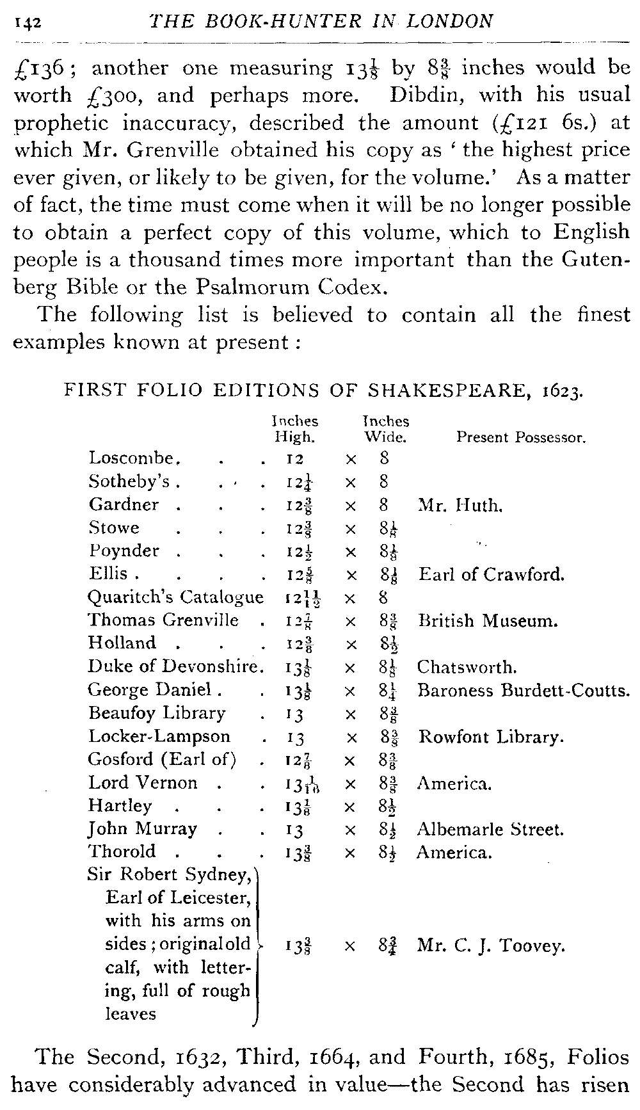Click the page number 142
click(27, 22)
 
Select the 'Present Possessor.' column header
click(521, 438)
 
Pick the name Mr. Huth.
click(460, 506)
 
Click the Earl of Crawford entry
click(492, 574)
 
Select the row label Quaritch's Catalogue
click(175, 597)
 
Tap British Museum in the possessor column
click(489, 620)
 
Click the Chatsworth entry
click(467, 668)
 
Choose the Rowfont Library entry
click(491, 737)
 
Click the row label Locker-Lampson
click(159, 737)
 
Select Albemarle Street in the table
click(490, 830)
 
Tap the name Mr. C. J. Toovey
click(491, 945)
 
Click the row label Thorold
click(122, 852)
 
